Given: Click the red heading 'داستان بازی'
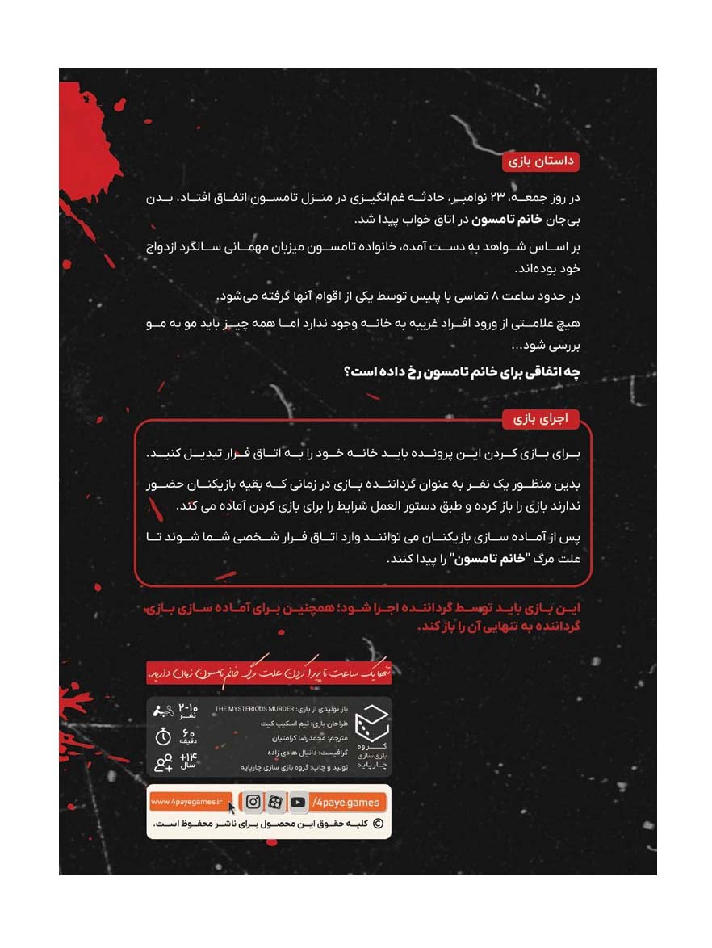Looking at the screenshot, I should pos(541,161).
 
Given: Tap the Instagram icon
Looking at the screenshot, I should pos(253,802).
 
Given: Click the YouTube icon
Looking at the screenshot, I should pos(298,802).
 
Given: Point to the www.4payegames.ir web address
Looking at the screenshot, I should pos(188,802).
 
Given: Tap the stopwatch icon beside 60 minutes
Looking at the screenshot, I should pos(164,736).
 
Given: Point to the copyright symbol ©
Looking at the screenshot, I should pos(376,824).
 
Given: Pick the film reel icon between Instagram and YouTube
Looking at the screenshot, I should pos(275,802).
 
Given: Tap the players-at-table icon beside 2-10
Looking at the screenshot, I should pos(164,711).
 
